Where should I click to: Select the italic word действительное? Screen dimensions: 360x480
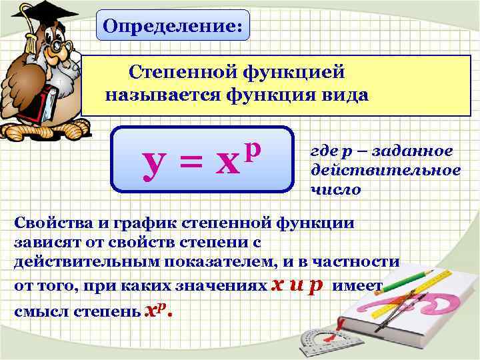coord(385,170)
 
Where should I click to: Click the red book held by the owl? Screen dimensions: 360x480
coord(48,107)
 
